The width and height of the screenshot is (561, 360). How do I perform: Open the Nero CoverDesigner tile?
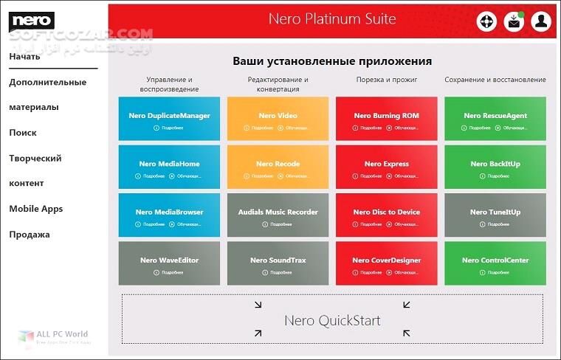coord(386,262)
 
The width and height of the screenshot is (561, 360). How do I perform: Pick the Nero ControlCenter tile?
coord(495,262)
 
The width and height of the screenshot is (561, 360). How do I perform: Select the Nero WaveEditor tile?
coord(169,262)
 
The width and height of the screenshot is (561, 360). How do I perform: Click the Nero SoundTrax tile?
coord(278,262)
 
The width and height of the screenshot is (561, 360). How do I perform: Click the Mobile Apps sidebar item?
coord(35,209)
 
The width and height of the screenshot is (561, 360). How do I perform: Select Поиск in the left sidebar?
coord(23,133)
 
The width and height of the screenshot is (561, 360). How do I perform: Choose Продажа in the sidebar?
coord(30,235)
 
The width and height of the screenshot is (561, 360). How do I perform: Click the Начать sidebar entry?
coord(24,57)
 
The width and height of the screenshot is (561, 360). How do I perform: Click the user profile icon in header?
coord(541,21)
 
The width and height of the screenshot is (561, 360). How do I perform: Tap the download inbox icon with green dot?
coord(514,21)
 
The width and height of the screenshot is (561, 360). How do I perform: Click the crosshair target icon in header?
coord(486,21)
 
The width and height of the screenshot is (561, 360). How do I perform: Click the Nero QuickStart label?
coord(332,321)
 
